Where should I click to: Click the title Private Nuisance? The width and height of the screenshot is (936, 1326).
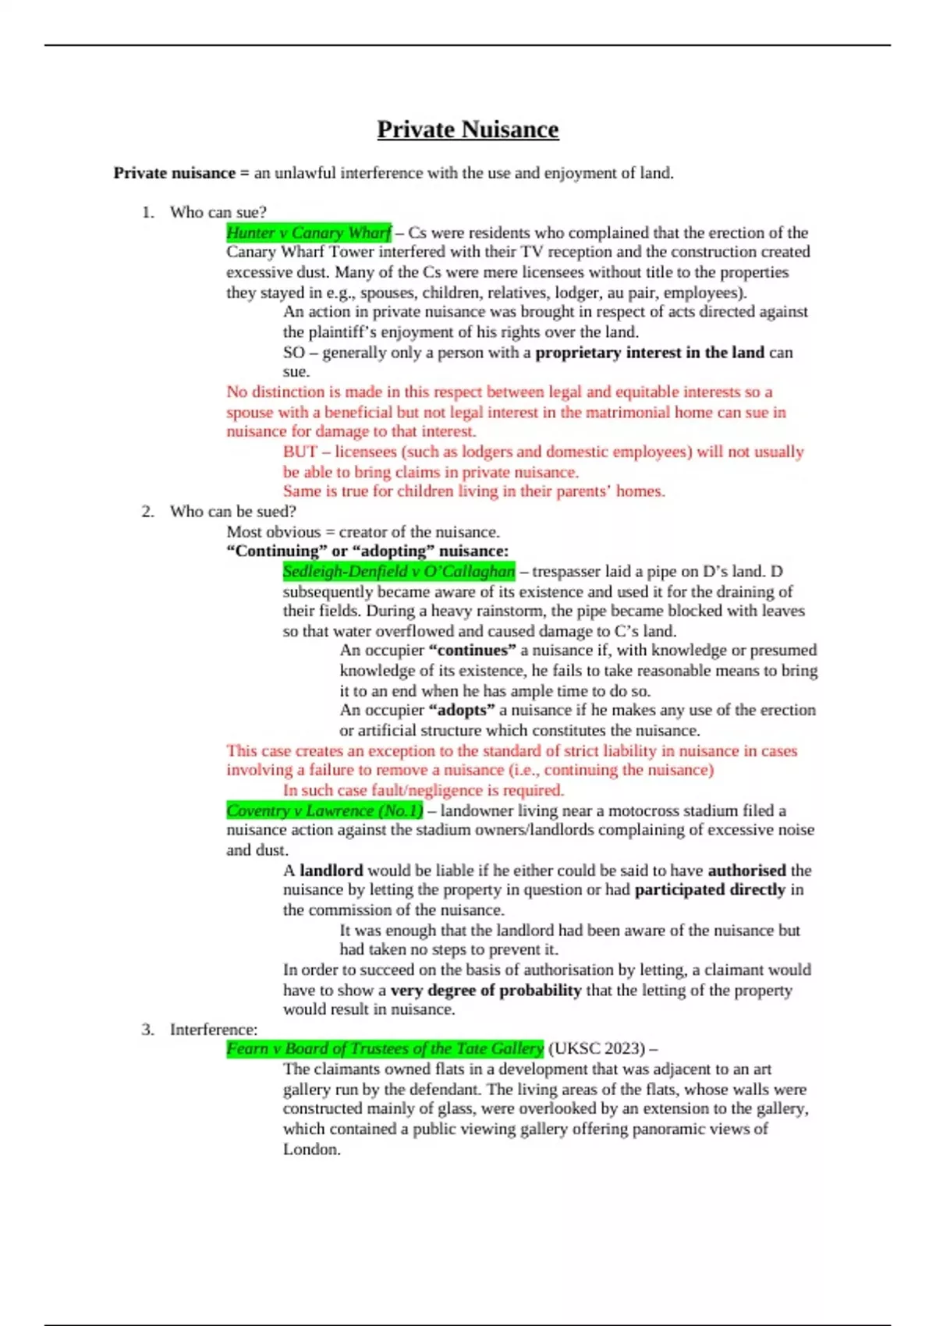point(467,129)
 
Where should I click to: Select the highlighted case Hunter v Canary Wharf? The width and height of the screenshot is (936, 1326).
point(309,232)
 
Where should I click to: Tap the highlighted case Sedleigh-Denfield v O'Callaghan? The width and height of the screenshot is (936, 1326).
point(399,572)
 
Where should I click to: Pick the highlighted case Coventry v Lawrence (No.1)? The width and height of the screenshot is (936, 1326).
point(324,811)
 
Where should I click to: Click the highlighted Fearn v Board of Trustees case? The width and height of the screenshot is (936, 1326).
point(385,1049)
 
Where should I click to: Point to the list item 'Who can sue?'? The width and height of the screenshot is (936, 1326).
point(218,212)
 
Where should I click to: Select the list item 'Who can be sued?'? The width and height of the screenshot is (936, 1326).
point(232,512)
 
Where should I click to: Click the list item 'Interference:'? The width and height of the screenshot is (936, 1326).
point(213,1030)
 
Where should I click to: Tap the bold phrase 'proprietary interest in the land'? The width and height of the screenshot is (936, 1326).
point(650,353)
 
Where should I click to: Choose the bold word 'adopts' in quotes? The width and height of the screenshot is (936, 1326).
point(462,711)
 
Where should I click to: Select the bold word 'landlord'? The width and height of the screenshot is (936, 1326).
point(331,870)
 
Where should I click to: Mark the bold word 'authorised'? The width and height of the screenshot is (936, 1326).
point(746,870)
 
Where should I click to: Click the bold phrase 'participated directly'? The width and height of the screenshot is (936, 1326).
point(710,890)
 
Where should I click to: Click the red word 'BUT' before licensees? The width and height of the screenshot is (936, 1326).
point(300,452)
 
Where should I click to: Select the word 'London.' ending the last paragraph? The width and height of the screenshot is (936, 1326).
point(311,1150)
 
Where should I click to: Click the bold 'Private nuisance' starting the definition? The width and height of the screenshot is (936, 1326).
point(175,173)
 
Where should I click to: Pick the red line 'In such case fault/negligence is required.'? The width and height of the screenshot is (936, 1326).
point(423,790)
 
